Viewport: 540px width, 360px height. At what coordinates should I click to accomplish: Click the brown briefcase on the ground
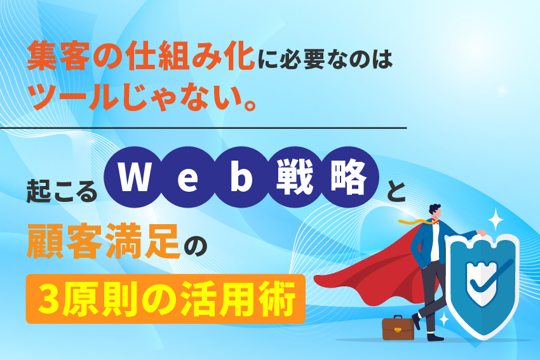pyautogui.click(x=398, y=327)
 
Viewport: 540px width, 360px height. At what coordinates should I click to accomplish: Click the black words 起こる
pyautogui.click(x=62, y=189)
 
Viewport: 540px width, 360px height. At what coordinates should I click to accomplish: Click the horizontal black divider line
pyautogui.click(x=203, y=128)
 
